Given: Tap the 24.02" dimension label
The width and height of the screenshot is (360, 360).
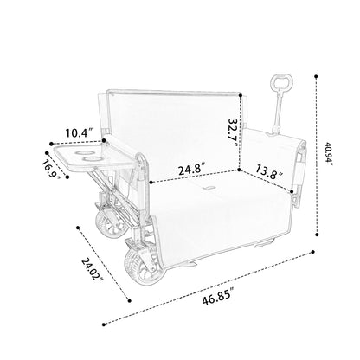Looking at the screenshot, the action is [93, 269].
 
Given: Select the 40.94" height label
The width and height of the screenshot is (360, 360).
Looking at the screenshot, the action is [329, 153].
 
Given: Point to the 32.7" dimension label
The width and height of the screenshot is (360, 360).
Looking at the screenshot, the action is [233, 132].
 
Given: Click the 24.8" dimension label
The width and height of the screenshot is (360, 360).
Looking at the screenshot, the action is [192, 169].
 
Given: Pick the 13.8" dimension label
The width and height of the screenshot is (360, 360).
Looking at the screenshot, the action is [268, 171].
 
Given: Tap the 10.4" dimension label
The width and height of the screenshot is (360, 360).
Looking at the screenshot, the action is [79, 133].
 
